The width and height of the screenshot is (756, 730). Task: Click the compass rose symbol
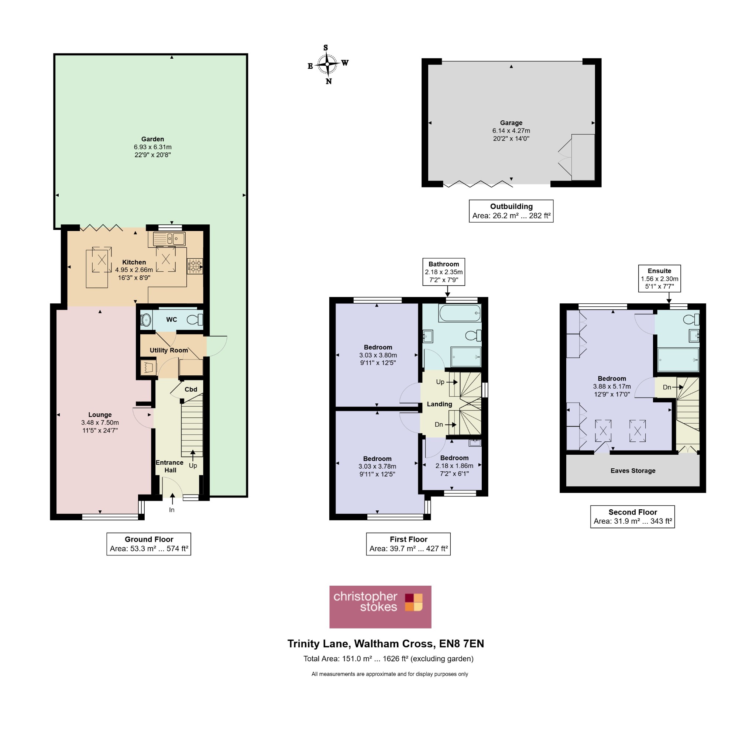[327, 64]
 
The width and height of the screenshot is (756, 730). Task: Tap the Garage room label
[511, 123]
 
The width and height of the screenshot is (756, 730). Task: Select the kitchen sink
[169, 239]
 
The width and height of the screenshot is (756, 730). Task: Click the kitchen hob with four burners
[195, 266]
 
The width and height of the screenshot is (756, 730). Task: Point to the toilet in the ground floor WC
[195, 319]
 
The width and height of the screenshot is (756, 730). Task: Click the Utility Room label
[169, 350]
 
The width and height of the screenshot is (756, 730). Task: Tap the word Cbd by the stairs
[190, 389]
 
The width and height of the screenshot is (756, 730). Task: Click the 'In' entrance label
[172, 510]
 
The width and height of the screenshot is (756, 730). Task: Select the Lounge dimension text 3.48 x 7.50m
[100, 423]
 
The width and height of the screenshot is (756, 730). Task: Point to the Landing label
[439, 404]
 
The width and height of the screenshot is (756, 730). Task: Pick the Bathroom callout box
[444, 272]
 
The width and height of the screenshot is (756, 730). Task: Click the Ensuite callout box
[659, 278]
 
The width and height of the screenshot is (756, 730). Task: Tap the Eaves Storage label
[633, 471]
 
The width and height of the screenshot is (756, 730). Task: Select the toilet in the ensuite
[691, 319]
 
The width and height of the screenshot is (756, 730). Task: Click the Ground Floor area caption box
[149, 544]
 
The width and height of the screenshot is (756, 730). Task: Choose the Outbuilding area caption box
[511, 211]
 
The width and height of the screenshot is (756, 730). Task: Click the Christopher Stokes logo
[380, 607]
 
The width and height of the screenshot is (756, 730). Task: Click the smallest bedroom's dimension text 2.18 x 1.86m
[454, 466]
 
